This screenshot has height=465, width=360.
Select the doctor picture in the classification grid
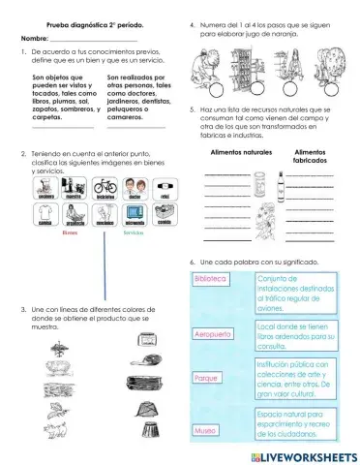coord(135,188)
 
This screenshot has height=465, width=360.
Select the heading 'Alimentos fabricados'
coord(309,158)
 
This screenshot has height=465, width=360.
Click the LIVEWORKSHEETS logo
coord(303,454)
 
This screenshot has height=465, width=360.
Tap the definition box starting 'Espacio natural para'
coord(299,422)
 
